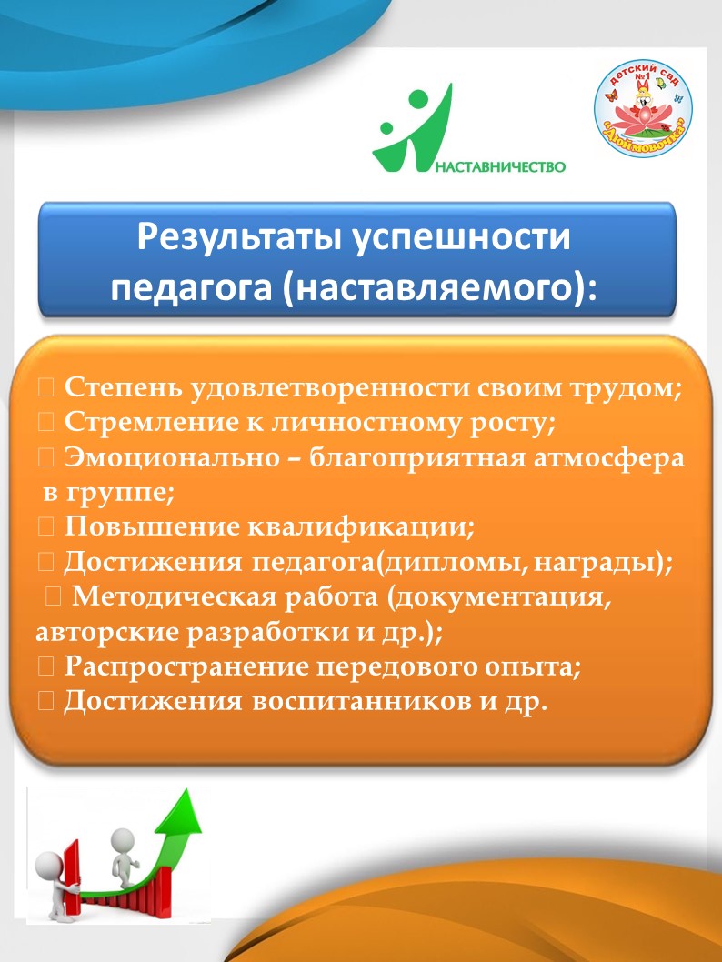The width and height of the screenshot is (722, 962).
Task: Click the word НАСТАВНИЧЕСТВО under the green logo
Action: tap(500, 166)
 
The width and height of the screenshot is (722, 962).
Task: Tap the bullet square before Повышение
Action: tap(46, 527)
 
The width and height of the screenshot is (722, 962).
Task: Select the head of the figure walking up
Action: tap(122, 838)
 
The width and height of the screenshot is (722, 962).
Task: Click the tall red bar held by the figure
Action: tap(73, 877)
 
